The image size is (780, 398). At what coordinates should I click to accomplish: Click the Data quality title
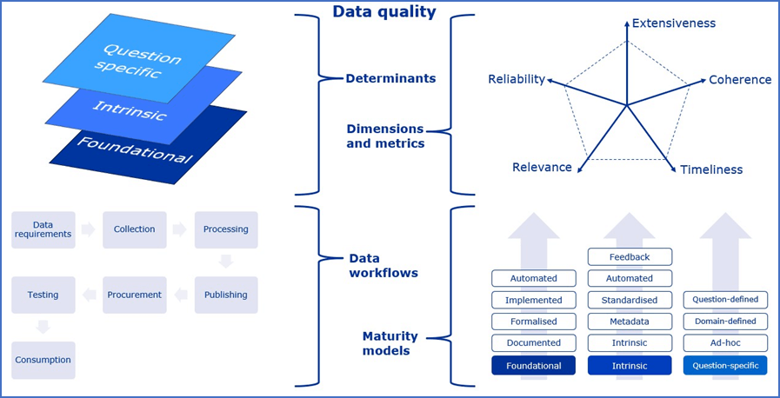pyautogui.click(x=383, y=12)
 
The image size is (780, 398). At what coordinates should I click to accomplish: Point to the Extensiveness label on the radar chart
pyautogui.click(x=674, y=23)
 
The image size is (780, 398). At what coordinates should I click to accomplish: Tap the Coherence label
pyautogui.click(x=740, y=80)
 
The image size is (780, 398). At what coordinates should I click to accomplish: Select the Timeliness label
pyautogui.click(x=711, y=170)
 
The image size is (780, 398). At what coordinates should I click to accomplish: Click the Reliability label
pyautogui.click(x=517, y=80)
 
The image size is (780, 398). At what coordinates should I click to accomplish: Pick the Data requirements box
pyautogui.click(x=43, y=229)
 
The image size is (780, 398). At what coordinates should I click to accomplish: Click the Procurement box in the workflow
pyautogui.click(x=135, y=295)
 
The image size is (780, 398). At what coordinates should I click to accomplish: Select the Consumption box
pyautogui.click(x=43, y=360)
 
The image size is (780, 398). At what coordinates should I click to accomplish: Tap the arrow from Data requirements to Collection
pyautogui.click(x=88, y=230)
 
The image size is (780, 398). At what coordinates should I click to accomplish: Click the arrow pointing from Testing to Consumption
pyautogui.click(x=43, y=328)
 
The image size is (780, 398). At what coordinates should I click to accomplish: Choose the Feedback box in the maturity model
pyautogui.click(x=630, y=257)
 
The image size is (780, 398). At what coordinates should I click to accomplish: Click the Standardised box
pyautogui.click(x=630, y=300)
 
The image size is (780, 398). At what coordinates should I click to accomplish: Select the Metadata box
pyautogui.click(x=630, y=322)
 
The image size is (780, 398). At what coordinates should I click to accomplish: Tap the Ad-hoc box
pyautogui.click(x=725, y=343)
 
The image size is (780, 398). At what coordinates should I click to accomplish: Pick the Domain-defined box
pyautogui.click(x=725, y=322)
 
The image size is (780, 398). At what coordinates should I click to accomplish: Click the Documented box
pyautogui.click(x=534, y=343)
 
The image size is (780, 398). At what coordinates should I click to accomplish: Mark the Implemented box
pyautogui.click(x=534, y=300)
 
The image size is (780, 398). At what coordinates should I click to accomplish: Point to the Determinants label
pyautogui.click(x=390, y=79)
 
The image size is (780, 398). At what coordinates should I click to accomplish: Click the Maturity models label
pyautogui.click(x=390, y=343)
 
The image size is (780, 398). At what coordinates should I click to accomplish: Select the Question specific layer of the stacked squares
pyautogui.click(x=139, y=59)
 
